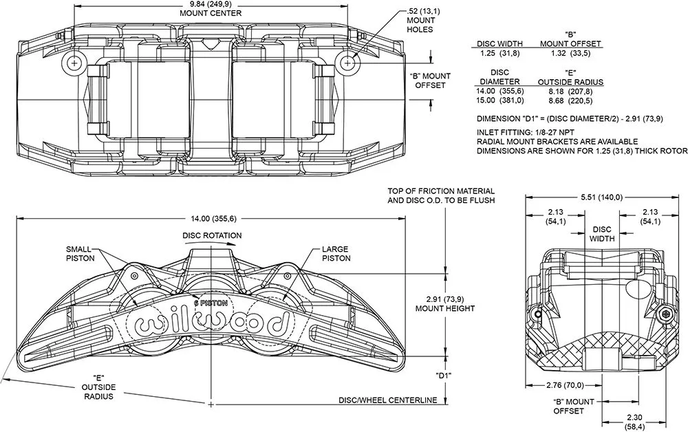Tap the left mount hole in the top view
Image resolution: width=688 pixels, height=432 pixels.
click(73, 63)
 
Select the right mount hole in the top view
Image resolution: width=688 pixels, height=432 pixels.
click(349, 63)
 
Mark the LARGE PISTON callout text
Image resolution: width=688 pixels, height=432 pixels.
click(336, 253)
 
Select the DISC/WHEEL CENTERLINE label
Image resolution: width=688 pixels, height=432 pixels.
click(389, 399)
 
